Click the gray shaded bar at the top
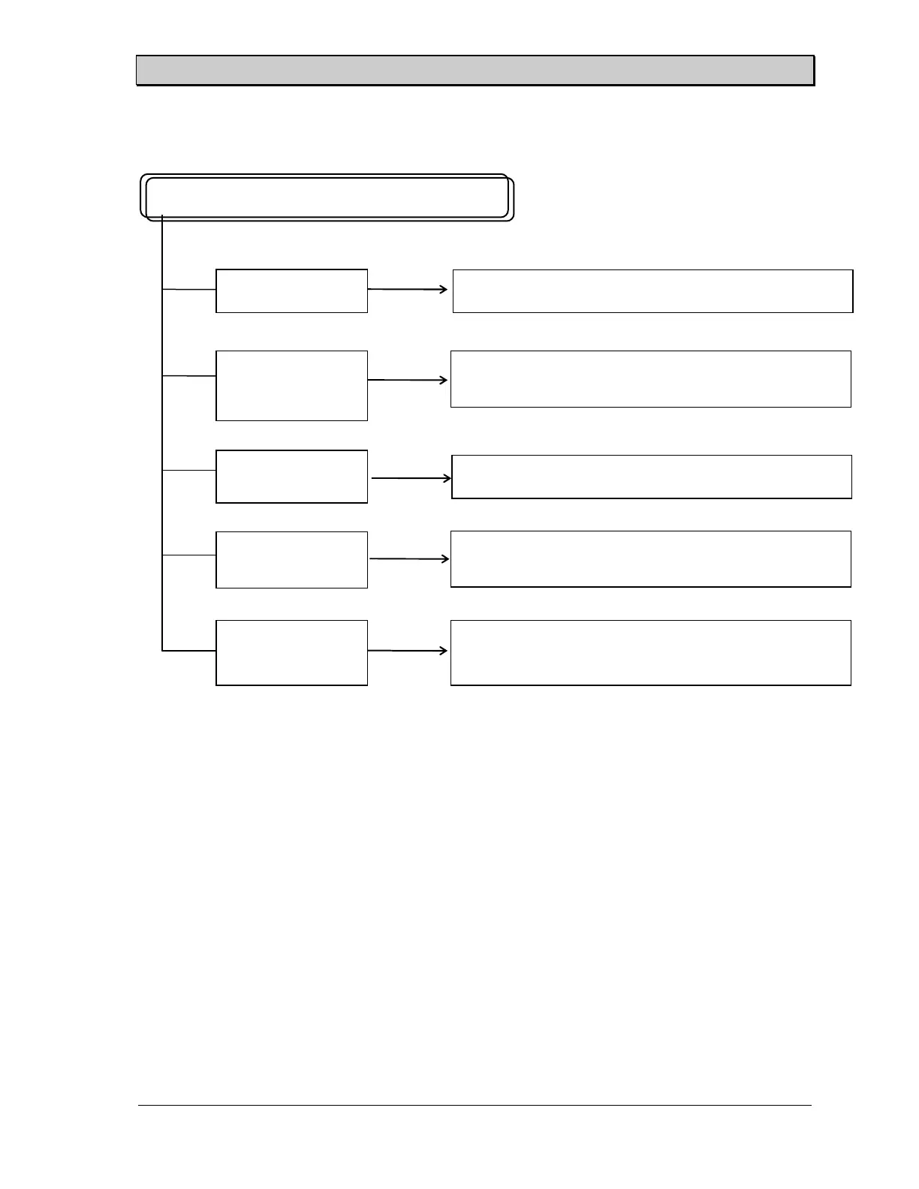[475, 71]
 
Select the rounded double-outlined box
[327, 197]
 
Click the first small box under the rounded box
[291, 290]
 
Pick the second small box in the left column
[291, 385]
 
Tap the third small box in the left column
[291, 476]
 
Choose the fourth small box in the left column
[291, 559]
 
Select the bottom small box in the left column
[291, 652]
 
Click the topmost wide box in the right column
[652, 290]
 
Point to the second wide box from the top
[650, 378]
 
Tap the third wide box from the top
[651, 477]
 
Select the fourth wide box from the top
[650, 558]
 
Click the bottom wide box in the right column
[650, 652]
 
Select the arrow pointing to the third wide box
[411, 478]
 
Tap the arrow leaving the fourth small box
[410, 558]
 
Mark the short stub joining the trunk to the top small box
[189, 289]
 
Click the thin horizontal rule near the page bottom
[475, 1105]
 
